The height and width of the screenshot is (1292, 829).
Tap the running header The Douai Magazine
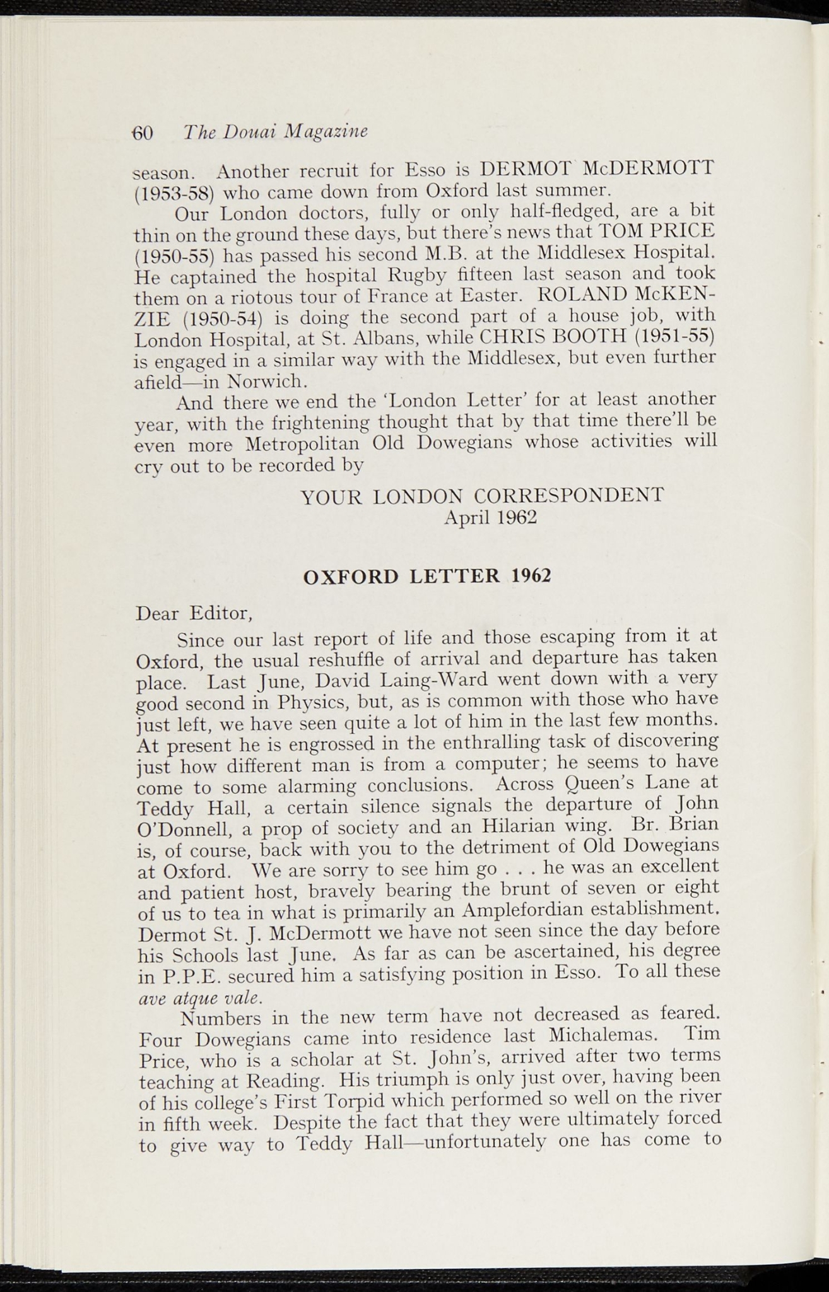coord(275,132)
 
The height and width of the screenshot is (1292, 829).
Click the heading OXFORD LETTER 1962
coord(428,576)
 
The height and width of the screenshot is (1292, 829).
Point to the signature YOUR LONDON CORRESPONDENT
coord(483,496)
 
